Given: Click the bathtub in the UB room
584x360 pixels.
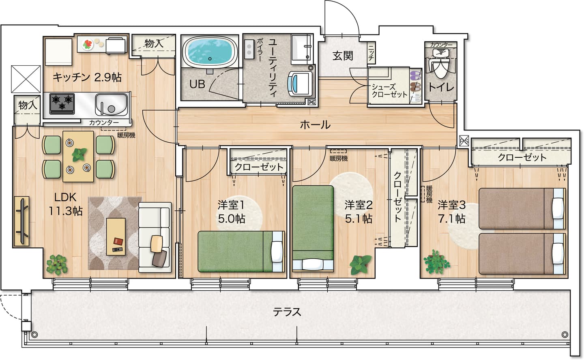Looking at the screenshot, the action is (210, 51).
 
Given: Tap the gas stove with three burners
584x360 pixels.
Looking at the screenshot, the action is (62, 103).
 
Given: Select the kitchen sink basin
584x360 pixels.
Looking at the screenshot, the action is (111, 105).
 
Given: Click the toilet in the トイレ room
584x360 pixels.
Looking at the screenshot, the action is (440, 64).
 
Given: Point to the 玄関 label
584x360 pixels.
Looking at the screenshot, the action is (343, 56).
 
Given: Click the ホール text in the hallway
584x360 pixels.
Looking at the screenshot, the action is (315, 125).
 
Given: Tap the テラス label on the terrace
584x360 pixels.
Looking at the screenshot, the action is (287, 312).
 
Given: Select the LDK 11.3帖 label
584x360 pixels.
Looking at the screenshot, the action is (66, 204).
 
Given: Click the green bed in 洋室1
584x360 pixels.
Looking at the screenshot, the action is (241, 251).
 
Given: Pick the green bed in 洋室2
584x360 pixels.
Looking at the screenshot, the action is (313, 228).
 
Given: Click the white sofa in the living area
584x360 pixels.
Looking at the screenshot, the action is (155, 237).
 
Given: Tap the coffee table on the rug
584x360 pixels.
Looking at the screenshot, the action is (116, 237).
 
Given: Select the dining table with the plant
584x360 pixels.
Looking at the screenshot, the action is (78, 156).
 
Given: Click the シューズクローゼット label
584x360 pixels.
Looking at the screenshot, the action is (389, 90).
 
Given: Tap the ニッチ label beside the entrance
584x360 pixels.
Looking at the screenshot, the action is (371, 53).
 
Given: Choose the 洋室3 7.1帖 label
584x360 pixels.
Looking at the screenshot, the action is (451, 212).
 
